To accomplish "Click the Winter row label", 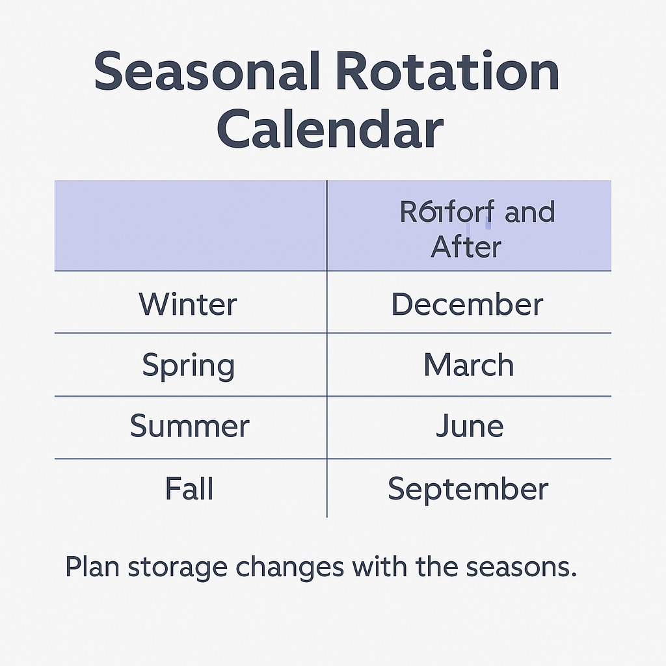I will coord(188,304).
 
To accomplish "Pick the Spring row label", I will coord(189,366).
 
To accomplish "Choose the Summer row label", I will coord(189,427).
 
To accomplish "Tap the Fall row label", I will coord(189,488).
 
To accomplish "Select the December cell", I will coord(467,304).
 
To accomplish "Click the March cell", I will coord(468,366).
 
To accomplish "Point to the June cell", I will coord(469,427).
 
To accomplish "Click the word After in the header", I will coord(466,247).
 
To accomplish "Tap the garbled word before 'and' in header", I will coord(447,213).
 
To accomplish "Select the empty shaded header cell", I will coord(190,225).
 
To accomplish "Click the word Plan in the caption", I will coord(92,567).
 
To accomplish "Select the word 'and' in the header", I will coord(529,213).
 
